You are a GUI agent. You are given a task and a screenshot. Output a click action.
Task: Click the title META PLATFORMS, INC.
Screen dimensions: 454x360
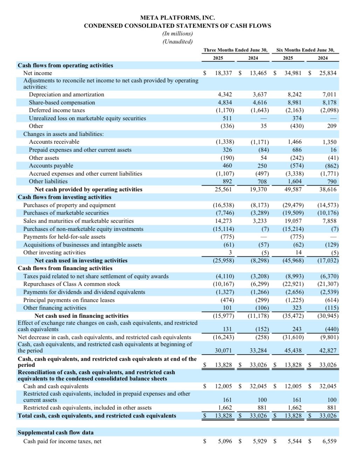coord(178,18)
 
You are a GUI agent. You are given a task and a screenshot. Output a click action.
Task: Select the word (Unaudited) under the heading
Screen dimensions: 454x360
coord(178,41)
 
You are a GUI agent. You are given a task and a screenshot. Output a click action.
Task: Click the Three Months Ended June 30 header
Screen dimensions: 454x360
coord(236,50)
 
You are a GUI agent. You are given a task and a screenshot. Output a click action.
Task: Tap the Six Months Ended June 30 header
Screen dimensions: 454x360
coord(305,50)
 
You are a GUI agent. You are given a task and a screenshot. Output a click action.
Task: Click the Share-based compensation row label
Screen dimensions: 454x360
coord(62,102)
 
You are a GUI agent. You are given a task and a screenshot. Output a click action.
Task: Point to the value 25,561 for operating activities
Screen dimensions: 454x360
coord(223,189)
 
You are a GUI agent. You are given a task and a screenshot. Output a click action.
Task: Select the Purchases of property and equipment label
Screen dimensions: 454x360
coord(69,205)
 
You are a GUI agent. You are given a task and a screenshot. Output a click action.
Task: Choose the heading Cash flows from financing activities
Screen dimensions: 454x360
coord(65,268)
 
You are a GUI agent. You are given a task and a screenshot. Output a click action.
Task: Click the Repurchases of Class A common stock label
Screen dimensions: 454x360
coord(71,284)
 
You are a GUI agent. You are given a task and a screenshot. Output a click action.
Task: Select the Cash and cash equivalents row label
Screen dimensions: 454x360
coord(56,386)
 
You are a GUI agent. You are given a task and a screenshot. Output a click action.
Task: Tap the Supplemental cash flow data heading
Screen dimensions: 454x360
coord(56,432)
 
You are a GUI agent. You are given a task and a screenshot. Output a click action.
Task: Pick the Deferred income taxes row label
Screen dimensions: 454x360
coord(57,110)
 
